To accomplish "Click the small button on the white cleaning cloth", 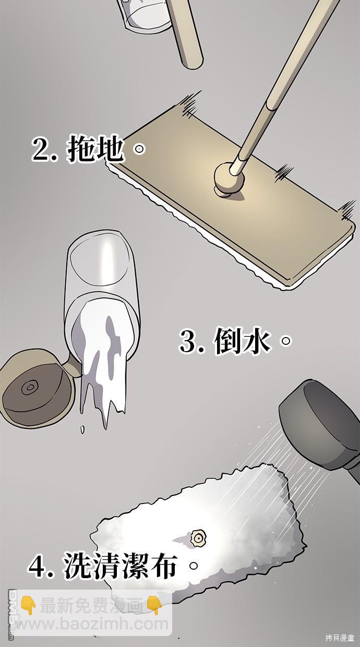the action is click(x=198, y=537).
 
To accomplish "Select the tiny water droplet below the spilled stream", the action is click(x=82, y=429).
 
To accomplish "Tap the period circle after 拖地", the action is click(x=139, y=150).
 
